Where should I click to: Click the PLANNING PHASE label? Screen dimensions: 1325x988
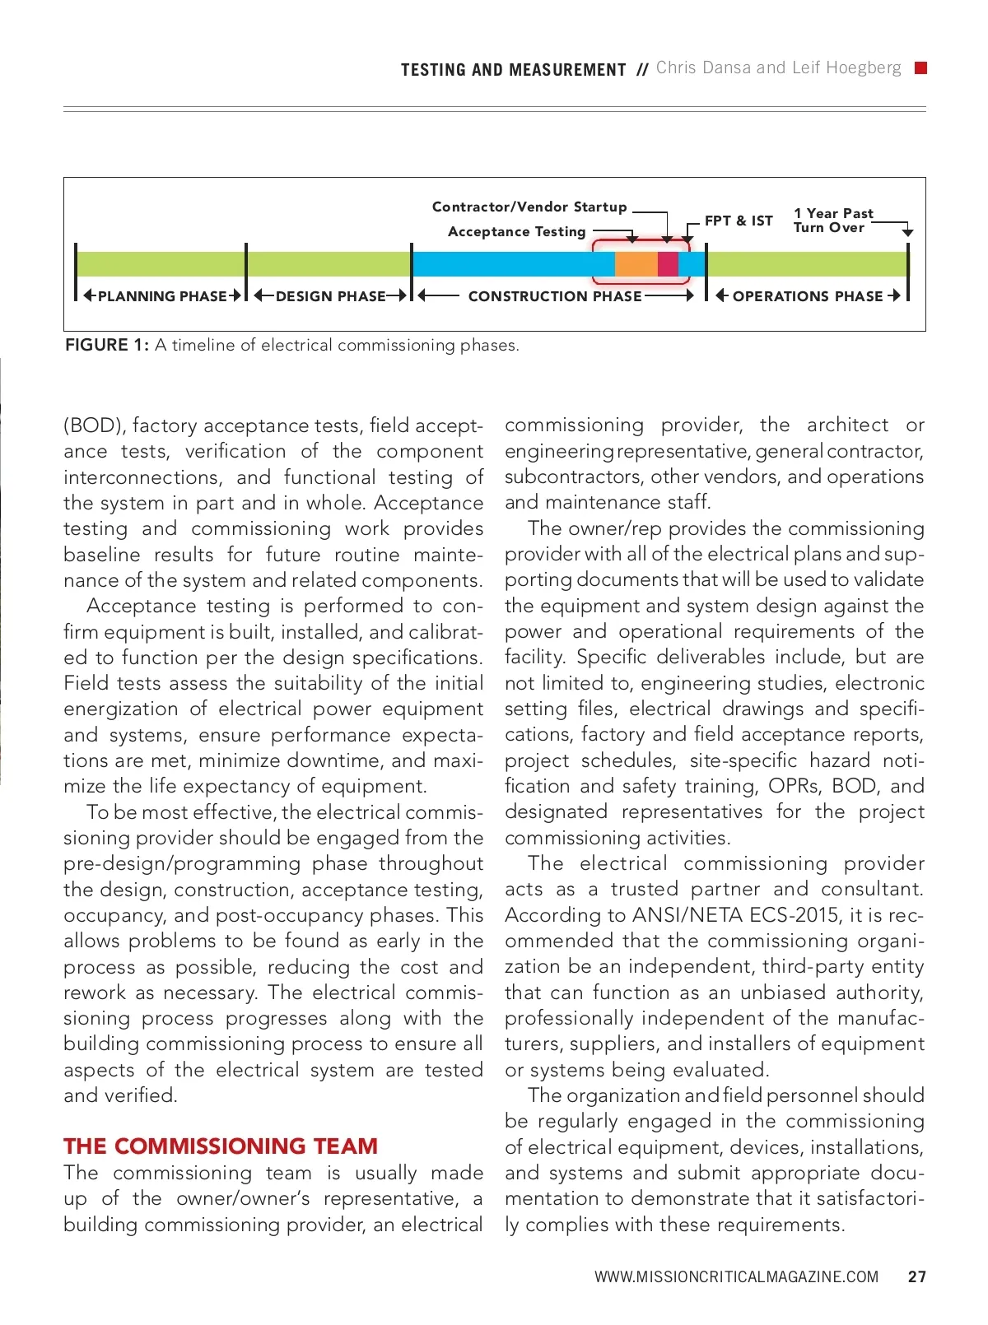162,296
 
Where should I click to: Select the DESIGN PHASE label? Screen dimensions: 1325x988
330,296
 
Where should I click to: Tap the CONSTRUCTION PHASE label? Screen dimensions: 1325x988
555,296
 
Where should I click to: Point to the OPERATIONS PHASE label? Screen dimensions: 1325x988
808,296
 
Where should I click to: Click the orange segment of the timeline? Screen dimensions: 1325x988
636,264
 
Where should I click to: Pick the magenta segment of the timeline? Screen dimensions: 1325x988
668,264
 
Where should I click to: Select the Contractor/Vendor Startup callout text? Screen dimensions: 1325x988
529,207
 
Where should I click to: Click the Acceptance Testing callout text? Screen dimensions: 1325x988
516,232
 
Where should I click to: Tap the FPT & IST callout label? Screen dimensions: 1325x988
739,221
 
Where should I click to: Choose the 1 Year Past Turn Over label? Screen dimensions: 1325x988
832,221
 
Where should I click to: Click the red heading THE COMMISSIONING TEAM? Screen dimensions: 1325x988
221,1146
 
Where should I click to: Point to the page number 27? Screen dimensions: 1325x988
916,1277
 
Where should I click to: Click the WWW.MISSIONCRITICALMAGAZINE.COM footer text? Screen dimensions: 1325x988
736,1277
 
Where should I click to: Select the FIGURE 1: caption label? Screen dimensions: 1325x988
107,346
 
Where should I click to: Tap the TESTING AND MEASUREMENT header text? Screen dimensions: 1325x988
514,70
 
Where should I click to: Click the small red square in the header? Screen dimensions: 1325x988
920,68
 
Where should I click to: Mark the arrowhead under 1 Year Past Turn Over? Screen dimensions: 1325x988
907,233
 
